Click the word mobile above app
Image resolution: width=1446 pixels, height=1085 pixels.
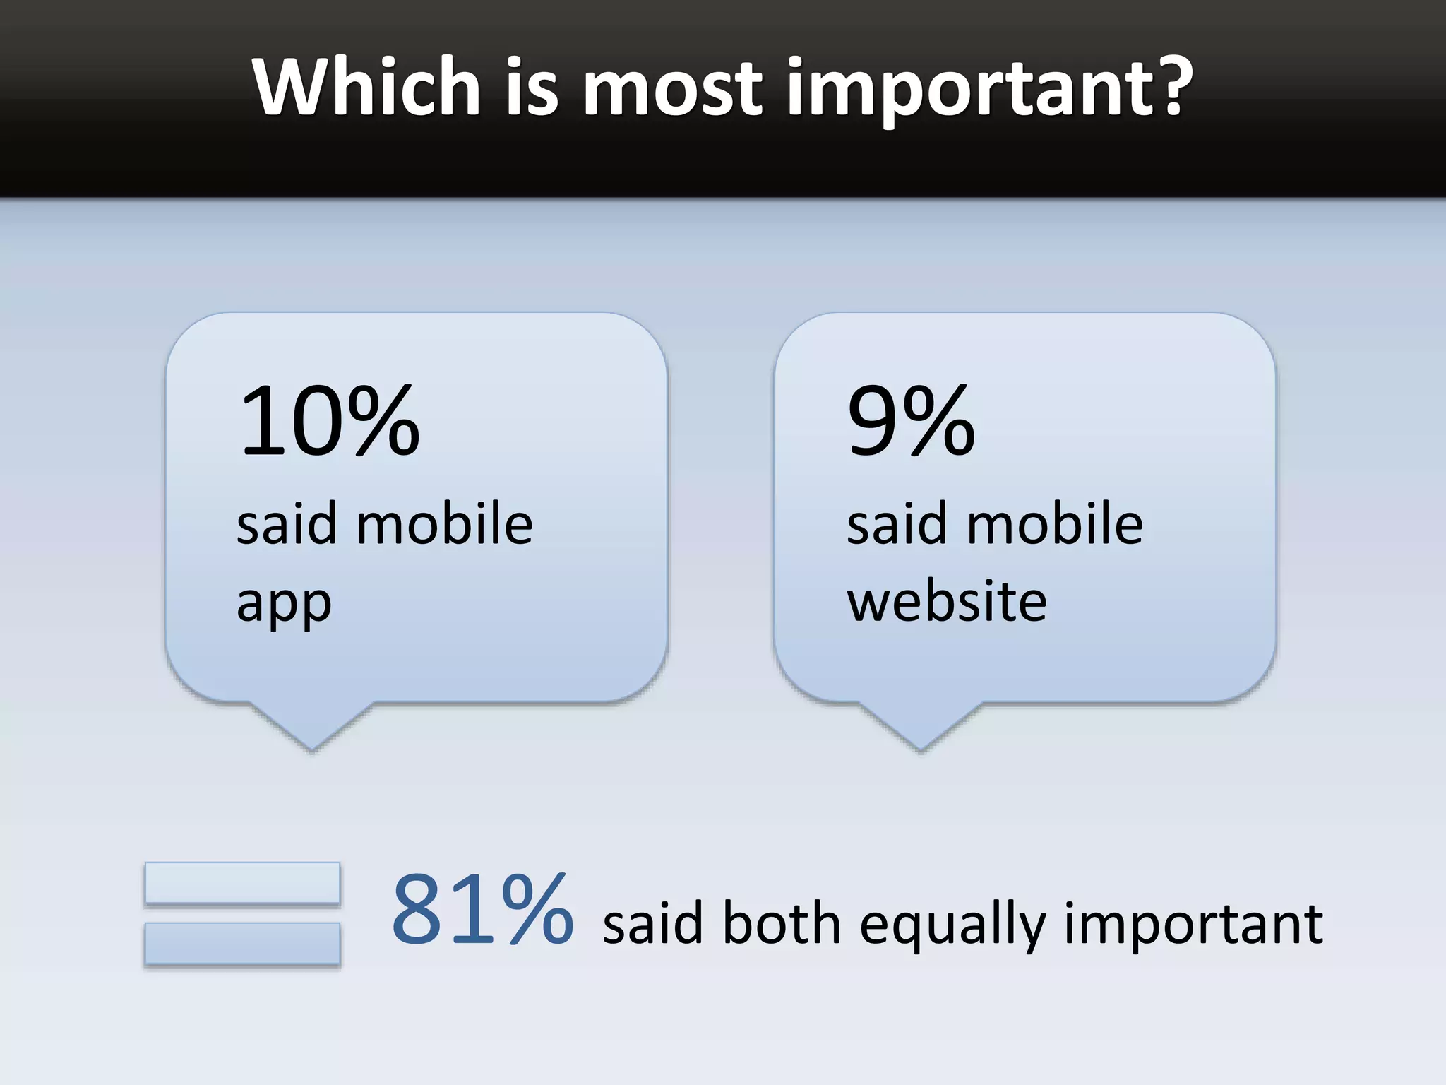pyautogui.click(x=445, y=523)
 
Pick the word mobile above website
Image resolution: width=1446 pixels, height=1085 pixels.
pyautogui.click(x=1055, y=523)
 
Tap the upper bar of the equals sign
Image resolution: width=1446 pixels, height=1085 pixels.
pyautogui.click(x=242, y=882)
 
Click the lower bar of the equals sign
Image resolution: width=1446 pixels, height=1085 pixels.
pyautogui.click(x=242, y=943)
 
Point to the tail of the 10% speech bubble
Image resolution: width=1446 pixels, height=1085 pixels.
pyautogui.click(x=311, y=728)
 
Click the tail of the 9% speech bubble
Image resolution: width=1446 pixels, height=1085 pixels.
pyautogui.click(x=920, y=728)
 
